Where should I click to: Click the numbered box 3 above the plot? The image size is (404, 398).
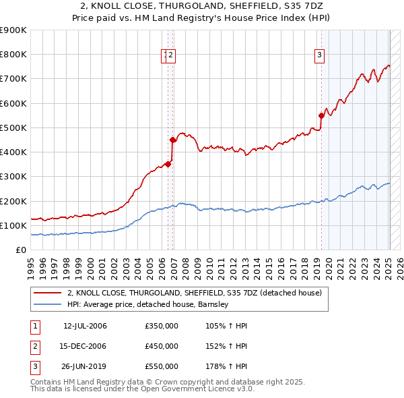pos(318,56)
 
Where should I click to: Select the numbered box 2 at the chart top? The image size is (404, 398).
pos(171,56)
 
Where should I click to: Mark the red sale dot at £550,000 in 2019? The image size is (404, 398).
pos(322,115)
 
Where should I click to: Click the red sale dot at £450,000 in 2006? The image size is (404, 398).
pos(173,140)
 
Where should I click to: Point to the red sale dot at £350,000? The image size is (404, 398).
pos(168,164)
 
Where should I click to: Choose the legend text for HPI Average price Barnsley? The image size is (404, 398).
pos(148,304)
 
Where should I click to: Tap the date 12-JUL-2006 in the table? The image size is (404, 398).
pos(85,326)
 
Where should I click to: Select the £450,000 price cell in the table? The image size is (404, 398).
pos(162,346)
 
